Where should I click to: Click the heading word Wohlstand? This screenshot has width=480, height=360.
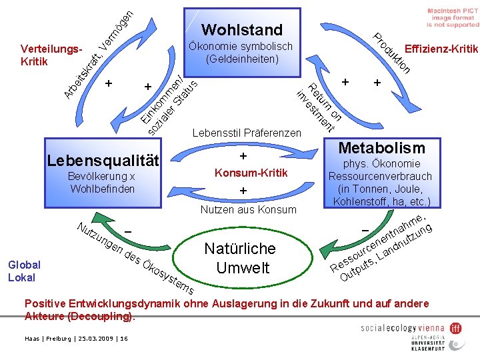[242, 29]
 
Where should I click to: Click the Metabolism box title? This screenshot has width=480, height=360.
[381, 147]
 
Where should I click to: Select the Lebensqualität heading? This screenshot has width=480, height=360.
[103, 160]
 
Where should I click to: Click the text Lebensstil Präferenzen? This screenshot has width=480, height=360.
[246, 133]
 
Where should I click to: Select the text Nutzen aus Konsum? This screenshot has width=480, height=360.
[248, 209]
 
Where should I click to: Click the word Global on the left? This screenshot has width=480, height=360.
[24, 265]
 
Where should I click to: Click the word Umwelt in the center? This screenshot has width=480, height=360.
[239, 268]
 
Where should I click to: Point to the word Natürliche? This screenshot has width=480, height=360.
[239, 249]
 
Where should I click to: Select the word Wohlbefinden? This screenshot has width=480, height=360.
[102, 189]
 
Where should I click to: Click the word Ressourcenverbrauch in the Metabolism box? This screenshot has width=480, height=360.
[380, 177]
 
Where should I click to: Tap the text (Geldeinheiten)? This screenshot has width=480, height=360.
[242, 59]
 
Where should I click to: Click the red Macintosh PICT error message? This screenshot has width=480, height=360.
[453, 17]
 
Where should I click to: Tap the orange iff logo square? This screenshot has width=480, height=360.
[455, 327]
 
